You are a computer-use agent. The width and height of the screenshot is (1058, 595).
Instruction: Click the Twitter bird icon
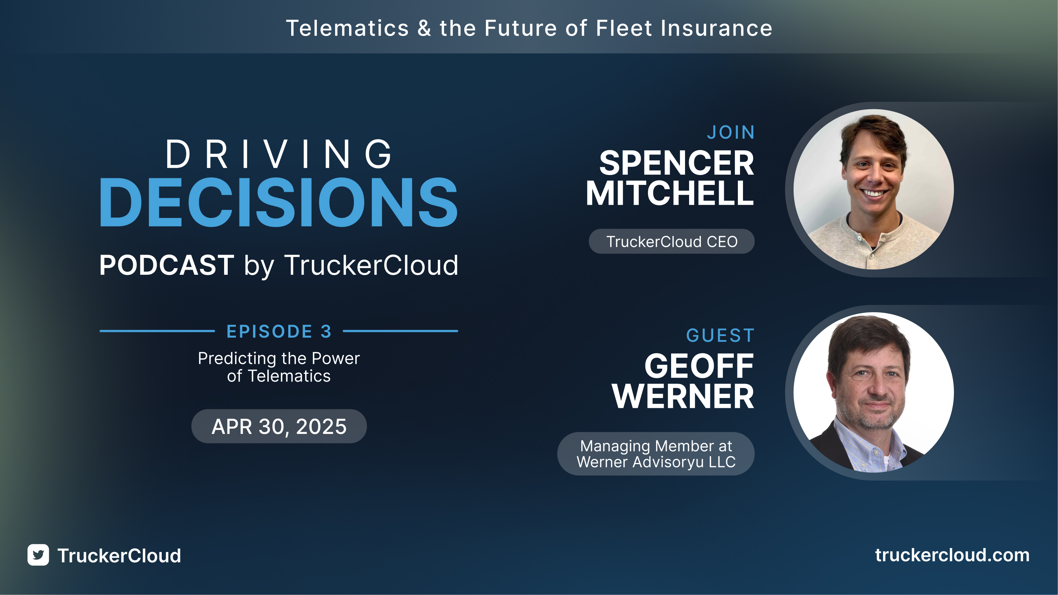coord(38,555)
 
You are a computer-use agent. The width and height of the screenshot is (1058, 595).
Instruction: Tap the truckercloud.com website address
coord(952,555)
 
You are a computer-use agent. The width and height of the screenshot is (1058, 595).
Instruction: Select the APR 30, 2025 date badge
coord(279,426)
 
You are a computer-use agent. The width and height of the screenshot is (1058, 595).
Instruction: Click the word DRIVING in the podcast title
coord(279,154)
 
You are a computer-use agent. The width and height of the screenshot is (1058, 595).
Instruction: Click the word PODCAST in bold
coord(167,265)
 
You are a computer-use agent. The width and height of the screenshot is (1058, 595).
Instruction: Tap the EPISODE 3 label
coord(279,331)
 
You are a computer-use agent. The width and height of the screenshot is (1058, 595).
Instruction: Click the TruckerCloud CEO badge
coord(671,242)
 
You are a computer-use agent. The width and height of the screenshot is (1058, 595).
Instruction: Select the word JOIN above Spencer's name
coord(731,132)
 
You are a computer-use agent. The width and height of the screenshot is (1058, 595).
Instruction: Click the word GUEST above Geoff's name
coord(720,335)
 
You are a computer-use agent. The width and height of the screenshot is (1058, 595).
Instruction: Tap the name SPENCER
coord(677,163)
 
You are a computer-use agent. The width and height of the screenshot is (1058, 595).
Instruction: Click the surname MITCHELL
coord(670,193)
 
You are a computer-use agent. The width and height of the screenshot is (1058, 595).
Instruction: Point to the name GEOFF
coord(699,366)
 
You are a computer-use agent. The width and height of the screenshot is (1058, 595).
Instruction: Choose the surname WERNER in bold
coord(682,397)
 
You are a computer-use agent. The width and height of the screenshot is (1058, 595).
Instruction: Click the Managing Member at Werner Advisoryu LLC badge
coord(656,454)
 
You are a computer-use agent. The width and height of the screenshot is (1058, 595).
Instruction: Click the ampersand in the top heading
coord(424,29)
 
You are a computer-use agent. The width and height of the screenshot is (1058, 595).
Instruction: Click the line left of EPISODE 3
coord(157,331)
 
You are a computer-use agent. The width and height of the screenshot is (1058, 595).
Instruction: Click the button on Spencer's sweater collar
coord(859,237)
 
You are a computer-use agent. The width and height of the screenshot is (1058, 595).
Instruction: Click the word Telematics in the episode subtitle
coord(289,376)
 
